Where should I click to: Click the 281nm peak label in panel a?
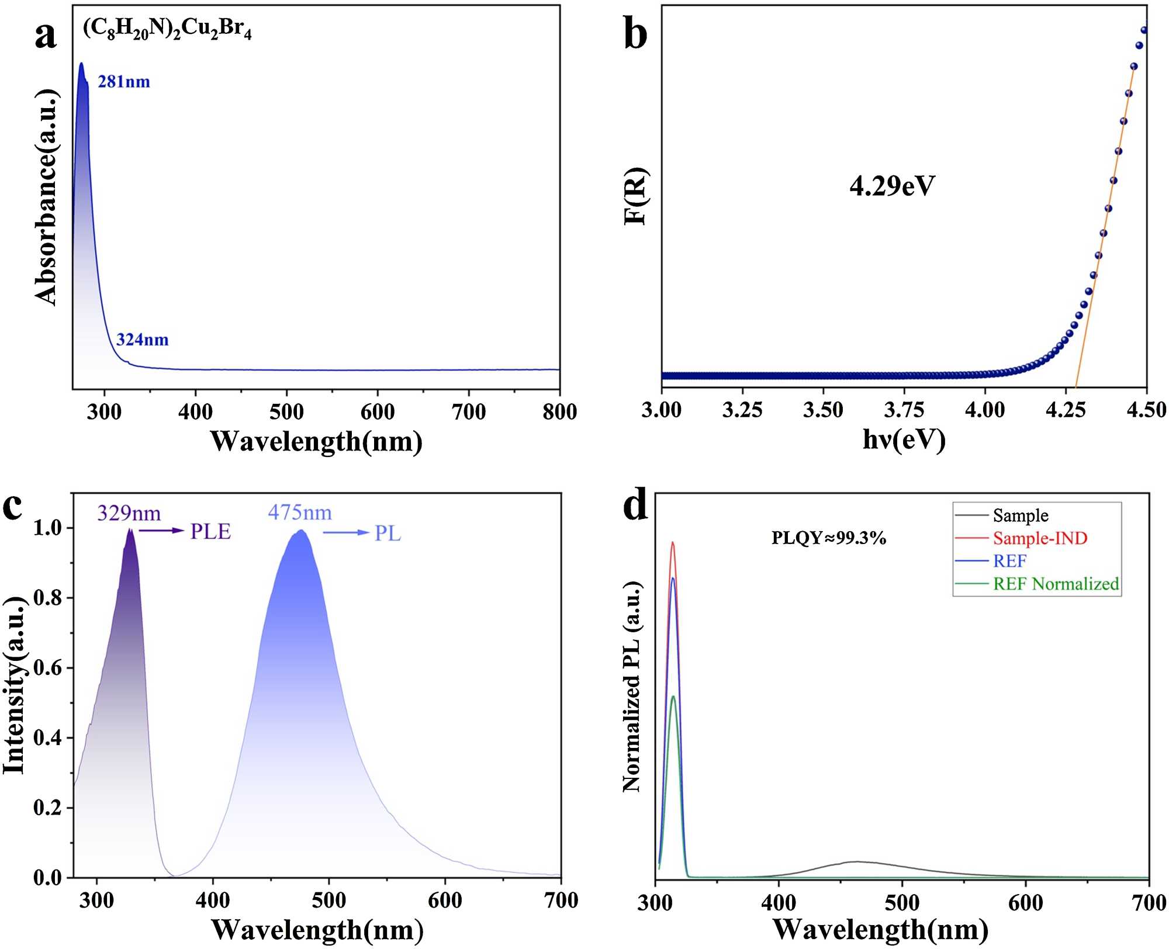123,81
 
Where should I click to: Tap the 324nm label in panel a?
142,340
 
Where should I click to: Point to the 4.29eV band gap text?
892,186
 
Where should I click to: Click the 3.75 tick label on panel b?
904,410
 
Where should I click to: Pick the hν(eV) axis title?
904,439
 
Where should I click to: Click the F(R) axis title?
636,196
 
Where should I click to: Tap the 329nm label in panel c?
129,514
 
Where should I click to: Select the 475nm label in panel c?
300,513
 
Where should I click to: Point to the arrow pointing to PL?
345,532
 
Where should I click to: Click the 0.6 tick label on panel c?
48,668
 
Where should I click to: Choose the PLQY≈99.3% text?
829,538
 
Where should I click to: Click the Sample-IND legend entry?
1039,538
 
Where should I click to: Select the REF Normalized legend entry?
1055,584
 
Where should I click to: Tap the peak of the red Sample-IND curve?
672,543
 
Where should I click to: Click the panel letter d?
635,507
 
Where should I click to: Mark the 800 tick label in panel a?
559,412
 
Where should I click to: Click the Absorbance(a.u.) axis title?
47,197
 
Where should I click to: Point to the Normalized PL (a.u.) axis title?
632,687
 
